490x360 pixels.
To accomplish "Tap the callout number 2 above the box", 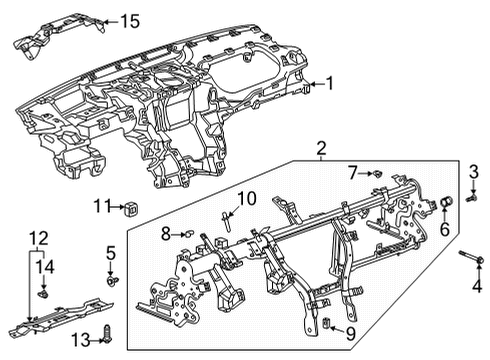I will (320, 150).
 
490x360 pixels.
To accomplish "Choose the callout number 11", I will (100, 206).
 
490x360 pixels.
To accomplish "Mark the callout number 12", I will (38, 238).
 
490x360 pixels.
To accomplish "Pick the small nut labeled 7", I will (378, 173).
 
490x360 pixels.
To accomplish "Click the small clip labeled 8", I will (187, 234).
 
